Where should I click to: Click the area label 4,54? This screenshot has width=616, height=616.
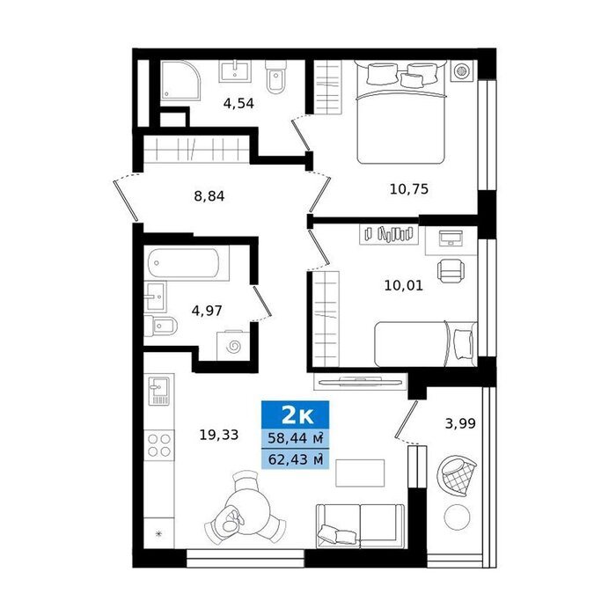coord(238,104)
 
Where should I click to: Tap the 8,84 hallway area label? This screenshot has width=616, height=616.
coord(209,196)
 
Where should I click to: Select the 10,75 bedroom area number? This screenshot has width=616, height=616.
coord(409,189)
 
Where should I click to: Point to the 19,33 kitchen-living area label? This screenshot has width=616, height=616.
coord(219,435)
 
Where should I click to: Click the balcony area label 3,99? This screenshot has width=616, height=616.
coord(460,423)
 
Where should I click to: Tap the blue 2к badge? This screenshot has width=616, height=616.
coord(296,414)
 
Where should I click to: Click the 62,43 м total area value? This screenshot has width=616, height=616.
coord(296,458)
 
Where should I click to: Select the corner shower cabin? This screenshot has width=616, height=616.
coord(180,81)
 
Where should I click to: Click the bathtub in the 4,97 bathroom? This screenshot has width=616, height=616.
coord(183,263)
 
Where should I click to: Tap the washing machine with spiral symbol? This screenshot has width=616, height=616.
coord(233,346)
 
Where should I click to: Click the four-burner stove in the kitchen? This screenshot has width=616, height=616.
coord(159,445)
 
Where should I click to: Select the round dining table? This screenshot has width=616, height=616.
coord(247,512)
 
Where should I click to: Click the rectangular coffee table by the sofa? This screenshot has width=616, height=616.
coord(360,473)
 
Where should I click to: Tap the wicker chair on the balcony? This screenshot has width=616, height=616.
coord(456,476)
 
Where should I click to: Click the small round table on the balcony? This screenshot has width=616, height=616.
coord(457,517)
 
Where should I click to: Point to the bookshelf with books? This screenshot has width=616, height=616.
coord(389,234)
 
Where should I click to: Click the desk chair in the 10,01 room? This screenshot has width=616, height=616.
coord(451,270)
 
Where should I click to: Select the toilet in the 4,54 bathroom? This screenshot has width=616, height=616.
coord(275,77)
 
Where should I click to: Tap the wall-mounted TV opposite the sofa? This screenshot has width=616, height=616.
coord(360,380)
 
